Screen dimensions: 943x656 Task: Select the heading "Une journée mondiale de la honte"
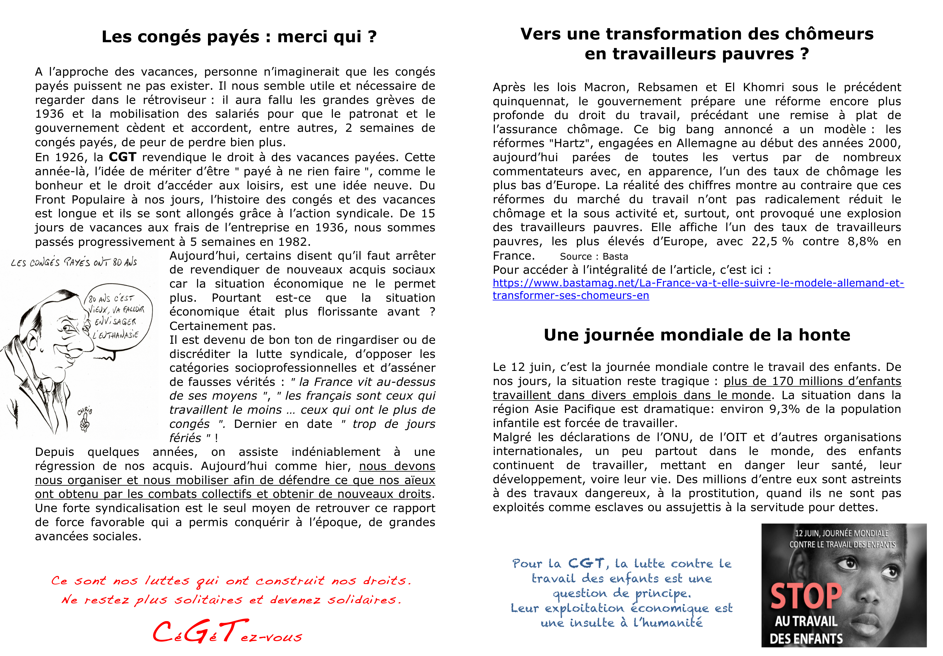[x=697, y=335]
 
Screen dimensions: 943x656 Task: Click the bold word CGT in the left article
[x=122, y=157]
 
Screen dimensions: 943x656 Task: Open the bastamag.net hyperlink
[x=698, y=289]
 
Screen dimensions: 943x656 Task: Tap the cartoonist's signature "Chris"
[x=85, y=410]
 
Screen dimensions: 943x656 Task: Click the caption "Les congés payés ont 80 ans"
[x=74, y=262]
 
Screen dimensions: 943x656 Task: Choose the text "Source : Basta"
[x=594, y=257]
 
